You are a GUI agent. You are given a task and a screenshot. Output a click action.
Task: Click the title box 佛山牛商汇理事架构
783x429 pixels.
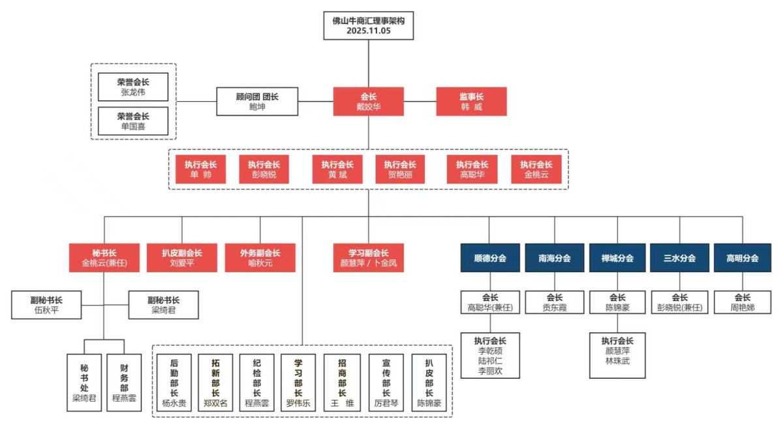(369, 25)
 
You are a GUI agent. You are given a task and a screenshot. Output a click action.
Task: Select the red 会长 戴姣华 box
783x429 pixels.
(369, 101)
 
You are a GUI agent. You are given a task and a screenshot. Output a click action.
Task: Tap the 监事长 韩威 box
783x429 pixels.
(470, 101)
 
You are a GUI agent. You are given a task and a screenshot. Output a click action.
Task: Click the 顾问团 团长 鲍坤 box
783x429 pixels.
(257, 101)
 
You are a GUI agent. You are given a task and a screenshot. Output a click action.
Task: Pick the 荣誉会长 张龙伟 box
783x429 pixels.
(133, 87)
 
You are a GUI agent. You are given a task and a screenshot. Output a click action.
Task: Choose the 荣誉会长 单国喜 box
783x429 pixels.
(133, 121)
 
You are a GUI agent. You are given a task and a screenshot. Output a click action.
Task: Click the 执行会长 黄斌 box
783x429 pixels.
(337, 170)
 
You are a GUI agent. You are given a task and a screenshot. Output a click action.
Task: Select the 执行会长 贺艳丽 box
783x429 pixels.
(400, 170)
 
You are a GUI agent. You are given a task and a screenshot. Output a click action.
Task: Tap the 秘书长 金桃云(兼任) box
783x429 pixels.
(104, 258)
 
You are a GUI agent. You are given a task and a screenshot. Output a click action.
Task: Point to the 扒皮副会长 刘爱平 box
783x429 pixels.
(182, 258)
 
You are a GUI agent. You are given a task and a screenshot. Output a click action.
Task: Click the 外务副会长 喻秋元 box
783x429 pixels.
(260, 258)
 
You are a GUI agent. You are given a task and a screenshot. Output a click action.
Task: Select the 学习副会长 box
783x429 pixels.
(369, 258)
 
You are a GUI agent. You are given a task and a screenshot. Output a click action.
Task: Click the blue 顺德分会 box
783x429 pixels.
(490, 258)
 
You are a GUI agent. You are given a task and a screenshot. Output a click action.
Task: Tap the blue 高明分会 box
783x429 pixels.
(742, 258)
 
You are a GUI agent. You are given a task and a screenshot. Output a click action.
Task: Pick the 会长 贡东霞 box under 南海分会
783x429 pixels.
(555, 302)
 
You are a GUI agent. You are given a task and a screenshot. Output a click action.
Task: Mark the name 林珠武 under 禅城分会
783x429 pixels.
(617, 360)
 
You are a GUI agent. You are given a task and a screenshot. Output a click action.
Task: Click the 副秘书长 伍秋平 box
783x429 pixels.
(46, 305)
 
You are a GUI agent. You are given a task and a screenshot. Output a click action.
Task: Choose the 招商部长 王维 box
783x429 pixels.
(342, 382)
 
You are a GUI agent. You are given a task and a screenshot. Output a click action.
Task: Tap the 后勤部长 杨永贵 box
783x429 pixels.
(174, 382)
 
